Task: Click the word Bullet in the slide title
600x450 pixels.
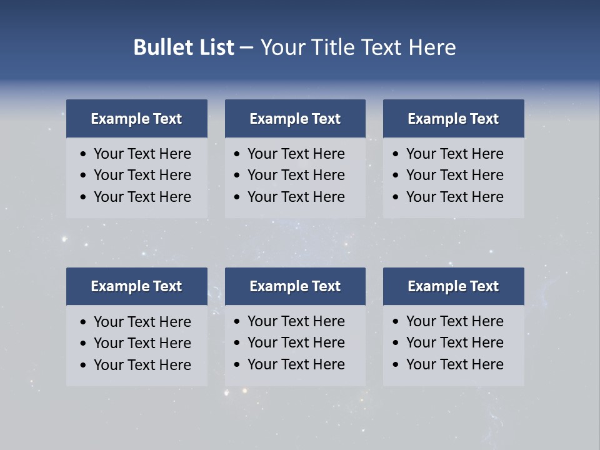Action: point(159,47)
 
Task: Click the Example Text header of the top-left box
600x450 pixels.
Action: point(136,119)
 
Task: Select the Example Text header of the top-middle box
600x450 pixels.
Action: point(295,119)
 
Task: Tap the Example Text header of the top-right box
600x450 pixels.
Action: point(453,119)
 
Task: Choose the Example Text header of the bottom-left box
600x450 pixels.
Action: point(136,286)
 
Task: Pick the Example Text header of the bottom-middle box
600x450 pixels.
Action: point(295,286)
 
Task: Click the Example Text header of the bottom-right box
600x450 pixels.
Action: point(453,286)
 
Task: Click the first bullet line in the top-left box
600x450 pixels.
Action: point(142,154)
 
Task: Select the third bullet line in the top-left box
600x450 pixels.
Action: point(142,197)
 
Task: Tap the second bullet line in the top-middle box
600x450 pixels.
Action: point(296,175)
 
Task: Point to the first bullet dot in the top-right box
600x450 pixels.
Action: point(396,154)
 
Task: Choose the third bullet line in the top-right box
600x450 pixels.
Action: point(454,197)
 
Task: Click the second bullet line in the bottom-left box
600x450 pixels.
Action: point(142,343)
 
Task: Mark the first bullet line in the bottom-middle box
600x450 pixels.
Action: point(296,321)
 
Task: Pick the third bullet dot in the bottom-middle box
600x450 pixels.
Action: point(237,365)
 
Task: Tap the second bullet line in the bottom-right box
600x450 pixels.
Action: point(454,342)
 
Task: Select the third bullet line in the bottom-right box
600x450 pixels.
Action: point(454,364)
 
